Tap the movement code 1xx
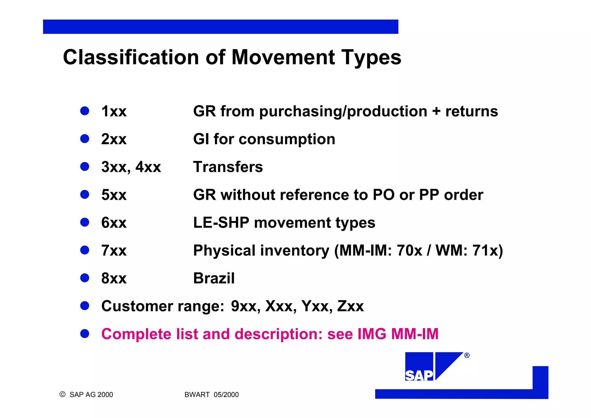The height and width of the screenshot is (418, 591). coord(114,112)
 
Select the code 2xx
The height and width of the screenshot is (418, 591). coord(114,139)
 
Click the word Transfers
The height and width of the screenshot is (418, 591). coord(228,167)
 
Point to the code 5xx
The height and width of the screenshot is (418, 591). coord(114,195)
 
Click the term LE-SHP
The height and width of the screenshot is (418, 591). coord(221,223)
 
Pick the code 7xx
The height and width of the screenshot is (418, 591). coord(114,250)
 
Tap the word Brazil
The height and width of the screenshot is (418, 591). coord(214,278)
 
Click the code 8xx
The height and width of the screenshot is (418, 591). coord(114,278)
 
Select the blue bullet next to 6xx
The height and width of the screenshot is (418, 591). coord(85,222)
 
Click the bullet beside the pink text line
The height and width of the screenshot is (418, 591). coord(85,334)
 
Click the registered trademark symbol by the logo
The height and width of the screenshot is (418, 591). coord(467,356)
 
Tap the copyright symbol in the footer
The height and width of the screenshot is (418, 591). coord(62,394)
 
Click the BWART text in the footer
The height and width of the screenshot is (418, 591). coord(197,395)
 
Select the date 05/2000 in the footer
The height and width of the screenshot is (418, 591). coord(226,395)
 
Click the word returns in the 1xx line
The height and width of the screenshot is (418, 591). coord(472,112)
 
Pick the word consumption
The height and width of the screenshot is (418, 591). coord(287,139)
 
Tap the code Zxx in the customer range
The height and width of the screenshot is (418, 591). coord(350,306)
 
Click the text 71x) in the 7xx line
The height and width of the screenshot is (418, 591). coord(488,250)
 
